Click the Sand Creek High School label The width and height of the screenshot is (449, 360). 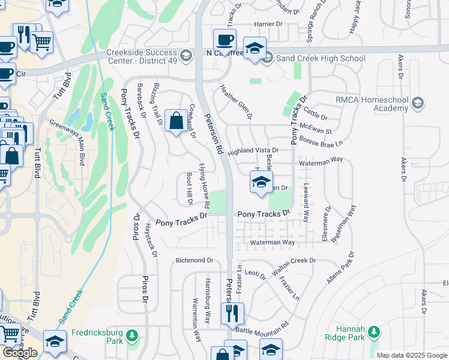[321, 58]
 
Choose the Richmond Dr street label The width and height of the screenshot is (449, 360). [194, 260]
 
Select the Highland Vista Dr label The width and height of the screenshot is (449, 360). [253, 150]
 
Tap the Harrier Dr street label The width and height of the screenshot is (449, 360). [268, 24]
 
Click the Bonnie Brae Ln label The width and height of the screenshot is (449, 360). [321, 141]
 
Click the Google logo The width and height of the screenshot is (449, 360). [20, 352]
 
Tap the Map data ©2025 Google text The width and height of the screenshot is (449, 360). [412, 355]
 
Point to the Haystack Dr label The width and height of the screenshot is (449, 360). [151, 241]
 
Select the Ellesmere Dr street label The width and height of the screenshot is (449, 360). [327, 224]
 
